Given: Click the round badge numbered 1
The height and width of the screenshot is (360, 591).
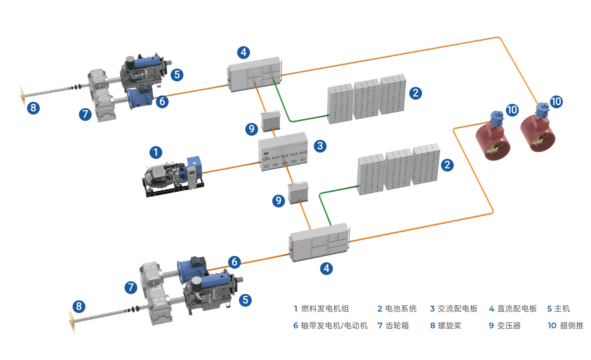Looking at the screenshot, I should tap(156, 152).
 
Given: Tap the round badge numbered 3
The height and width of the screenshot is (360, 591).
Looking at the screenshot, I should tap(320, 146).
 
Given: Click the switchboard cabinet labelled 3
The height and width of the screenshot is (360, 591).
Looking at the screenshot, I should tap(283, 152).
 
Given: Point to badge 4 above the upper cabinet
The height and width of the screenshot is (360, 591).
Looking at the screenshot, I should tap(243, 52).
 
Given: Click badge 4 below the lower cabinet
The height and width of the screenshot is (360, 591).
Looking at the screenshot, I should tap(326, 268).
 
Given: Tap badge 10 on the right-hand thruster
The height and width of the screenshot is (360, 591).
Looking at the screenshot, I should tap(556, 101).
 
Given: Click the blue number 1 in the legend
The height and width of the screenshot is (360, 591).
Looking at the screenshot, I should tap(296, 309).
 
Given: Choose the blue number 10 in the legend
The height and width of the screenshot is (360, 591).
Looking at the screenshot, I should tap(552, 326).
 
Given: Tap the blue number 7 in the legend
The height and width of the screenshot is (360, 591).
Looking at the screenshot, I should tap(380, 326).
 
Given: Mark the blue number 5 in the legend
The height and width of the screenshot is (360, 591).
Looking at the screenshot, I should tap(549, 309).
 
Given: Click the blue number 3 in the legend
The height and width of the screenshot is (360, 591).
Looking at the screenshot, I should tap(432, 309).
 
